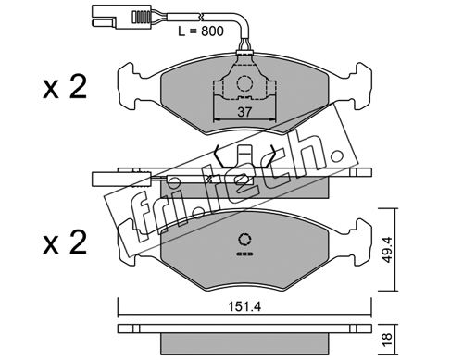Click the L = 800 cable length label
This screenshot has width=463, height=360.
pos(201,31)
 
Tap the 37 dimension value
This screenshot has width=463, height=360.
pos(244,112)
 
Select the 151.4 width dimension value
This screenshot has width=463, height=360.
pos(244,307)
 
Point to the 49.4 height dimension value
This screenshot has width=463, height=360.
pos(387,250)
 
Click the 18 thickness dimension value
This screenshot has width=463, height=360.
pos(387,339)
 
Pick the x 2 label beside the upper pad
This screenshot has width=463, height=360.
pos(65,88)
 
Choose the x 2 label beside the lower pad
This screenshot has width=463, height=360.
pos(65,243)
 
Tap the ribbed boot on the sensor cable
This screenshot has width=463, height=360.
pos(142,17)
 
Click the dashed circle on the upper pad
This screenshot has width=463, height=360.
pos(244,83)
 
